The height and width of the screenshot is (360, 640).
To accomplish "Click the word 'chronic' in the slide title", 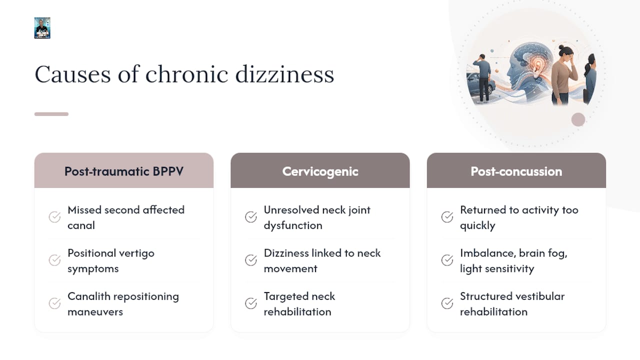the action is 186,74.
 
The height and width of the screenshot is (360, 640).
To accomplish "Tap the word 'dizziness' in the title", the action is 284,74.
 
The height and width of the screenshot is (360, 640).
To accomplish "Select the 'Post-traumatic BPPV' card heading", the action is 124,171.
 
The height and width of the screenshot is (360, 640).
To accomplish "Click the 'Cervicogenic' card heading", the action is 320,171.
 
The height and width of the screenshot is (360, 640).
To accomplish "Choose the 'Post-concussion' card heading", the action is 516,171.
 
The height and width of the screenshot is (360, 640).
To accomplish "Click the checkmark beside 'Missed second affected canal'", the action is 54,217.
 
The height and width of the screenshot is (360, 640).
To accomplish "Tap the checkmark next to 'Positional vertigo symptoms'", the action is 54,260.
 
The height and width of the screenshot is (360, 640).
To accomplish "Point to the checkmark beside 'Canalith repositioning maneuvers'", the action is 54,303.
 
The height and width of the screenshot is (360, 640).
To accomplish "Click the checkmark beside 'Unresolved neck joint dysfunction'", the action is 251,217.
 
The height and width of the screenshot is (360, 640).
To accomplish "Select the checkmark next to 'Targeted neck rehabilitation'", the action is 251,303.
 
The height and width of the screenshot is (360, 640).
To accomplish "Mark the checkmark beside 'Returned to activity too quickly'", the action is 447,217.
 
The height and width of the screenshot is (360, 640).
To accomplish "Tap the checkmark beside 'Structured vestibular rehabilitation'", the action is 447,303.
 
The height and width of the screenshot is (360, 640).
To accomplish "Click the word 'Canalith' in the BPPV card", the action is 89,296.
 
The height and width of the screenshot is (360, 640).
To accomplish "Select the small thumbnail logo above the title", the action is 42,28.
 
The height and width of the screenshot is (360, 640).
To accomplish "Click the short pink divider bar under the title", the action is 51,114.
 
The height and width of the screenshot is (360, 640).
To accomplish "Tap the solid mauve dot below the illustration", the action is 578,119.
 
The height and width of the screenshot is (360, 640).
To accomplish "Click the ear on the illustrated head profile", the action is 539,67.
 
